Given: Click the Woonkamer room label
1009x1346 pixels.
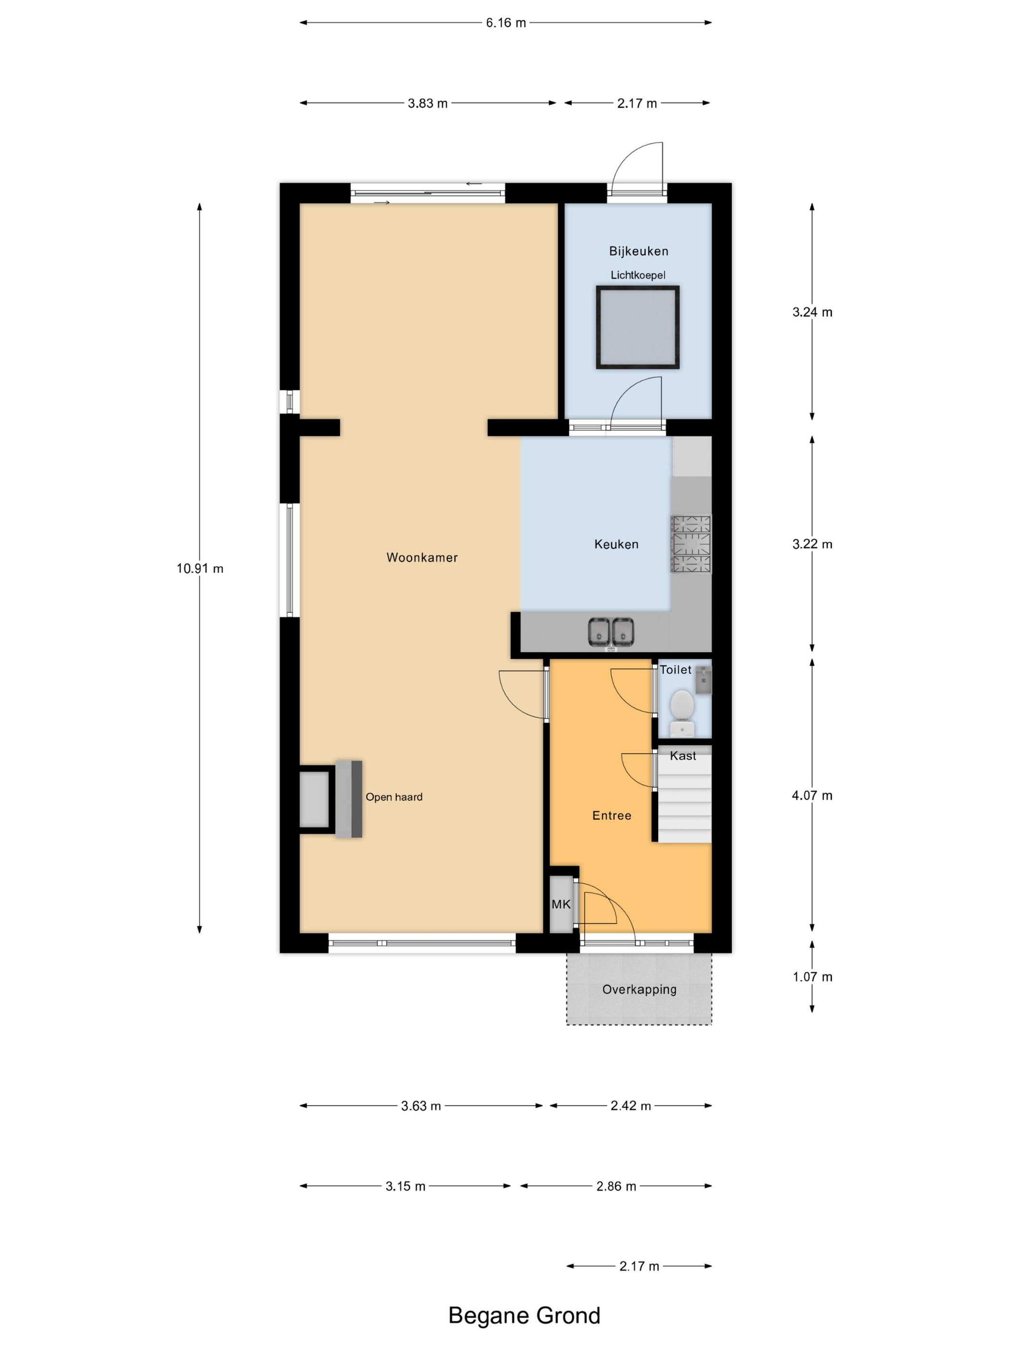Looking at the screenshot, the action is pos(421,557).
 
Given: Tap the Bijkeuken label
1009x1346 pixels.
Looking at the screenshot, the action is pos(638,251).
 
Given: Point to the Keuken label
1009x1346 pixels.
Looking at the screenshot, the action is pos(616,544).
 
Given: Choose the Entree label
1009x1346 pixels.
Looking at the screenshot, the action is pos(611,815).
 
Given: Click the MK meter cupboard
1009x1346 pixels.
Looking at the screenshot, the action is pos(561,904).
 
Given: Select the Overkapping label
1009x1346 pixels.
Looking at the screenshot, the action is pos(639,989).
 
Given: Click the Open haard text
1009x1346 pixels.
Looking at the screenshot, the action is pos(394,797).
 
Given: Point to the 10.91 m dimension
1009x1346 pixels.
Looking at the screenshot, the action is pos(199,568).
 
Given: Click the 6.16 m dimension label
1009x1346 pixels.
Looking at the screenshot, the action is pos(505,23).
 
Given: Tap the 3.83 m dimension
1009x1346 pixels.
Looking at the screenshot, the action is pos(428,103).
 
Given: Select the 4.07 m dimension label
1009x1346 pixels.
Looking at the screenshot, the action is pos(812,795).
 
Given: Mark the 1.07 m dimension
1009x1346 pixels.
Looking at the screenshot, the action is pos(812,977).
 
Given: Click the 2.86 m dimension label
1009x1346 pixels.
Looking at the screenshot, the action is pos(616,1186).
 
